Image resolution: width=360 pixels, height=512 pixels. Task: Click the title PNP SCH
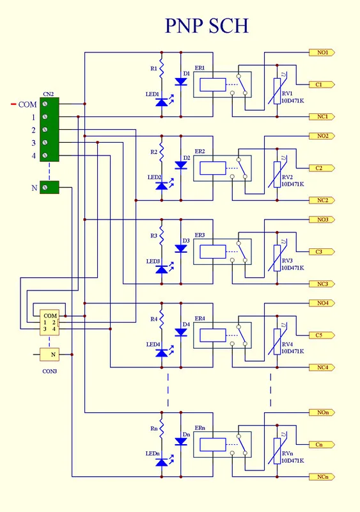tap(207, 26)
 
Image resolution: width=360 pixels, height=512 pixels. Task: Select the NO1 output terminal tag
tap(322, 52)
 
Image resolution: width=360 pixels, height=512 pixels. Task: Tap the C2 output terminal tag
tap(322, 168)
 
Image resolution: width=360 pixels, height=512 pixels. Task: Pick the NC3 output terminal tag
tap(322, 284)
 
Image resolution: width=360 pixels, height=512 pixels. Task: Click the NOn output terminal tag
tap(322, 412)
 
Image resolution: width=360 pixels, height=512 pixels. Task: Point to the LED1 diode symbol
tap(162, 102)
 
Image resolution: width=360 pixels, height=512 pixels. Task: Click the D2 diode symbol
tap(181, 165)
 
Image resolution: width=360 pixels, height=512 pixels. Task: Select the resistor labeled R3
tap(161, 236)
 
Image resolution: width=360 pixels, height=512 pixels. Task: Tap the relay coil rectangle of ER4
tap(213, 335)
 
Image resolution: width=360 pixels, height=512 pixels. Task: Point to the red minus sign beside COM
tap(13, 104)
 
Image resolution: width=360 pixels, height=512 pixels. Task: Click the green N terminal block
tap(49, 188)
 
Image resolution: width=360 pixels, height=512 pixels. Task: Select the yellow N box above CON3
tap(50, 355)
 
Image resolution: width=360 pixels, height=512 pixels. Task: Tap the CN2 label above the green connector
tap(49, 94)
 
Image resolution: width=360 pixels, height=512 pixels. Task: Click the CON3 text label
tap(50, 371)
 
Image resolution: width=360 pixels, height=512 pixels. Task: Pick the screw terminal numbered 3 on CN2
tap(45, 142)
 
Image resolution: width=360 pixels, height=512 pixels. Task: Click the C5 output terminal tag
tap(322, 335)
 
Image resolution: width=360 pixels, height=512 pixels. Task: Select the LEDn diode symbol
tap(162, 461)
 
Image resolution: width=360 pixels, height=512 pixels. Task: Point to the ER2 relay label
tap(200, 152)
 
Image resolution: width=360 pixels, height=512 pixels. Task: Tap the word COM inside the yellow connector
tap(51, 316)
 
